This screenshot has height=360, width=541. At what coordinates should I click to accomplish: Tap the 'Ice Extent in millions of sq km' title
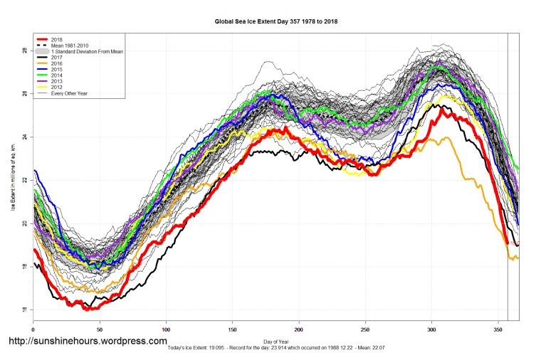pos(12,178)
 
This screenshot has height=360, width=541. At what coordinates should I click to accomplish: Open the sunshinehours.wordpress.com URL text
pos(88,342)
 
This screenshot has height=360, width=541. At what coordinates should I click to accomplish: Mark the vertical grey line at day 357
pos(508,178)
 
